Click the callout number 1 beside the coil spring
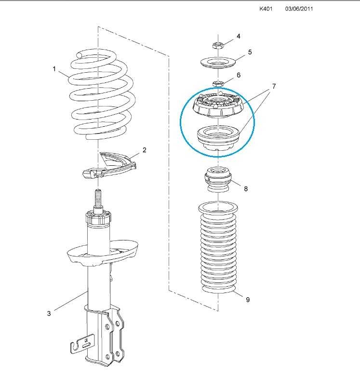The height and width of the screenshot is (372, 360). tap(54, 69)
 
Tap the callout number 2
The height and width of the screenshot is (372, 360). tap(144, 150)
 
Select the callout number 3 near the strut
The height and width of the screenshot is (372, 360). tap(49, 313)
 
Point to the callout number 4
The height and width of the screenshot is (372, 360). tap(238, 36)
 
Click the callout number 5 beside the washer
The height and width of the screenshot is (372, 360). tap(250, 52)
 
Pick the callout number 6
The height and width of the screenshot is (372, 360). tap(239, 75)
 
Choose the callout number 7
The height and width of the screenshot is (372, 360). tap(274, 86)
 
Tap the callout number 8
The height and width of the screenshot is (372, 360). tap(246, 188)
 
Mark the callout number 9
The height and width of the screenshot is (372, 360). tap(248, 299)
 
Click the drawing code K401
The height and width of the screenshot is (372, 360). tap(266, 9)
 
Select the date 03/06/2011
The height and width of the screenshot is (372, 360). tap(299, 9)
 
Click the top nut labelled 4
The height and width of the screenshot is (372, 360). tap(217, 45)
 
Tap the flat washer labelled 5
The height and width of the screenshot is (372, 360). tap(218, 63)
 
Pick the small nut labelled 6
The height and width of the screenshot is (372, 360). tap(218, 83)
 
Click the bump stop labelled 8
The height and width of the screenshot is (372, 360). tap(218, 180)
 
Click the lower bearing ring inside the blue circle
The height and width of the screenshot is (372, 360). tap(218, 138)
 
